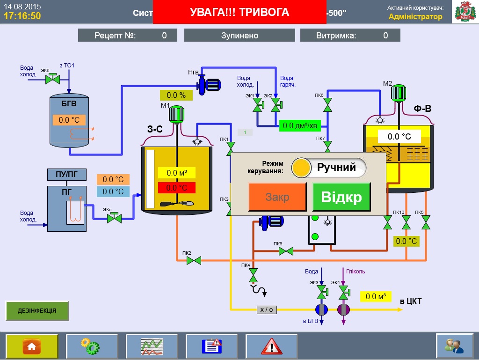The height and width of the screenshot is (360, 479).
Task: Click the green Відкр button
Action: [341, 197]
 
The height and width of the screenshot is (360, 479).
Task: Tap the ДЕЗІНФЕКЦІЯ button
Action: [37, 310]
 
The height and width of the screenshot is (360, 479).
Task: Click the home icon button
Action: [32, 346]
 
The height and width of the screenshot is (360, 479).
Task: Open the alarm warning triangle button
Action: [272, 346]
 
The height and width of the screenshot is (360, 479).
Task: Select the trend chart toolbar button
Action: [152, 346]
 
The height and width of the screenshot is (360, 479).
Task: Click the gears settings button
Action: [92, 346]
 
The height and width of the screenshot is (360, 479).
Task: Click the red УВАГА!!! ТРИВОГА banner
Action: [239, 12]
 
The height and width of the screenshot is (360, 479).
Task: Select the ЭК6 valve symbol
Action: [52, 79]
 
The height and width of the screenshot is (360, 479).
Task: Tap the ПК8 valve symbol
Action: [286, 251]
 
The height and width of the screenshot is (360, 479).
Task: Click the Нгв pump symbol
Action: [209, 84]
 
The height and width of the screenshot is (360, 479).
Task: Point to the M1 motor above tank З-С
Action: [177, 114]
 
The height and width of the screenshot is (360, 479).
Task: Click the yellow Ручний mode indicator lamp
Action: [302, 168]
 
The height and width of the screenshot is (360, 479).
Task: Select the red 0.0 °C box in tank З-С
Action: [176, 188]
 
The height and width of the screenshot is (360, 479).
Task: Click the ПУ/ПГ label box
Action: [67, 175]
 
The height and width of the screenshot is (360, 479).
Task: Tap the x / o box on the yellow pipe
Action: [267, 309]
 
